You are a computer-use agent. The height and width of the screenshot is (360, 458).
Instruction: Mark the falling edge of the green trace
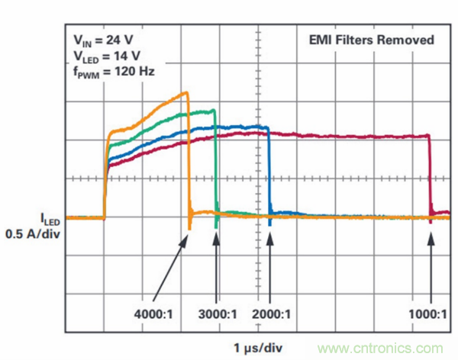[216, 164]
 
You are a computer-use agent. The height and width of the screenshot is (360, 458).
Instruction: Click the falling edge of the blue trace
[269, 172]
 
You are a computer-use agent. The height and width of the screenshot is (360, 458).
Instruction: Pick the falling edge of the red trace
[429, 175]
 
